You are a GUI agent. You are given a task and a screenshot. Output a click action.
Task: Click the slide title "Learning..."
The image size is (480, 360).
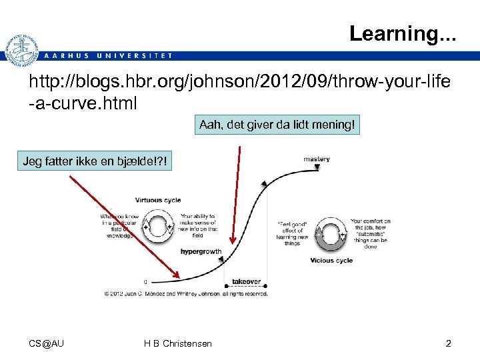point(403,33)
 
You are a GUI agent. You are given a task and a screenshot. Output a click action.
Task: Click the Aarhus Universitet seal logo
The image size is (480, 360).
point(21,51)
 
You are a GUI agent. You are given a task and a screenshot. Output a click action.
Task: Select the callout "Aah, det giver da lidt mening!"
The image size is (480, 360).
point(277,125)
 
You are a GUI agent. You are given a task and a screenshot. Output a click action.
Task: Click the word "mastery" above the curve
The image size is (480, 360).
point(316,159)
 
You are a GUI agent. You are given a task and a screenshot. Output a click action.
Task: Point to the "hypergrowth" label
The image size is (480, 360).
point(200,252)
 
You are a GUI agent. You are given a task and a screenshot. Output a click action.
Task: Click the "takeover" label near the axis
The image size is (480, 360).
point(246,281)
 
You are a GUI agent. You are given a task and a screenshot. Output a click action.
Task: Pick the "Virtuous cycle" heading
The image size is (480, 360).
point(157,200)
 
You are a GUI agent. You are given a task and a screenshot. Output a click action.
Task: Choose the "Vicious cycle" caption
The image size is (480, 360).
point(331,260)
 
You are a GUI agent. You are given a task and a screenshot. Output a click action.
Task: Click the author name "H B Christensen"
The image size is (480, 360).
point(178,343)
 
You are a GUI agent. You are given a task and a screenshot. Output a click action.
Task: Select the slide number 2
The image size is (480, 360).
point(448,343)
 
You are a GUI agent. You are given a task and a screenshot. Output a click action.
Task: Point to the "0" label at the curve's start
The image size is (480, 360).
point(145,281)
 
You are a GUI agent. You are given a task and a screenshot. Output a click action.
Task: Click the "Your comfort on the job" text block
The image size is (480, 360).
point(370,233)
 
